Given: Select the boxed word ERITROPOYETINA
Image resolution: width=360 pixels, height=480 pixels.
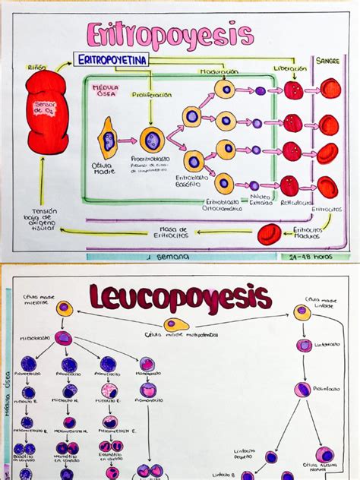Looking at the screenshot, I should (111, 58).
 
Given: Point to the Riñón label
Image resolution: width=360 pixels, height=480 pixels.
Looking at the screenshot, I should (36, 68).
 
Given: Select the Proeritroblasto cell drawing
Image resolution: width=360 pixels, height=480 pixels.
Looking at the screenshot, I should (152, 140).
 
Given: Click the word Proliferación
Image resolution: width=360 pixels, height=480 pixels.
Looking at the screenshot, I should (153, 96).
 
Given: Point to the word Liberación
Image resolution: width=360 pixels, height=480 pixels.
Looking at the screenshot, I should (291, 68).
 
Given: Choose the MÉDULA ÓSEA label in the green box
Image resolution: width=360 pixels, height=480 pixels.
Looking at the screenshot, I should (106, 91).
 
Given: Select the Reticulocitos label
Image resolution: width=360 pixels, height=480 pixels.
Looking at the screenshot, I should (292, 204).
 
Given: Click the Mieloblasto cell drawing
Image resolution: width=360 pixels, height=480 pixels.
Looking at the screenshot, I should (64, 337).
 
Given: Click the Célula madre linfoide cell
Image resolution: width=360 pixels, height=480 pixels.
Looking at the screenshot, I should (302, 312).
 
